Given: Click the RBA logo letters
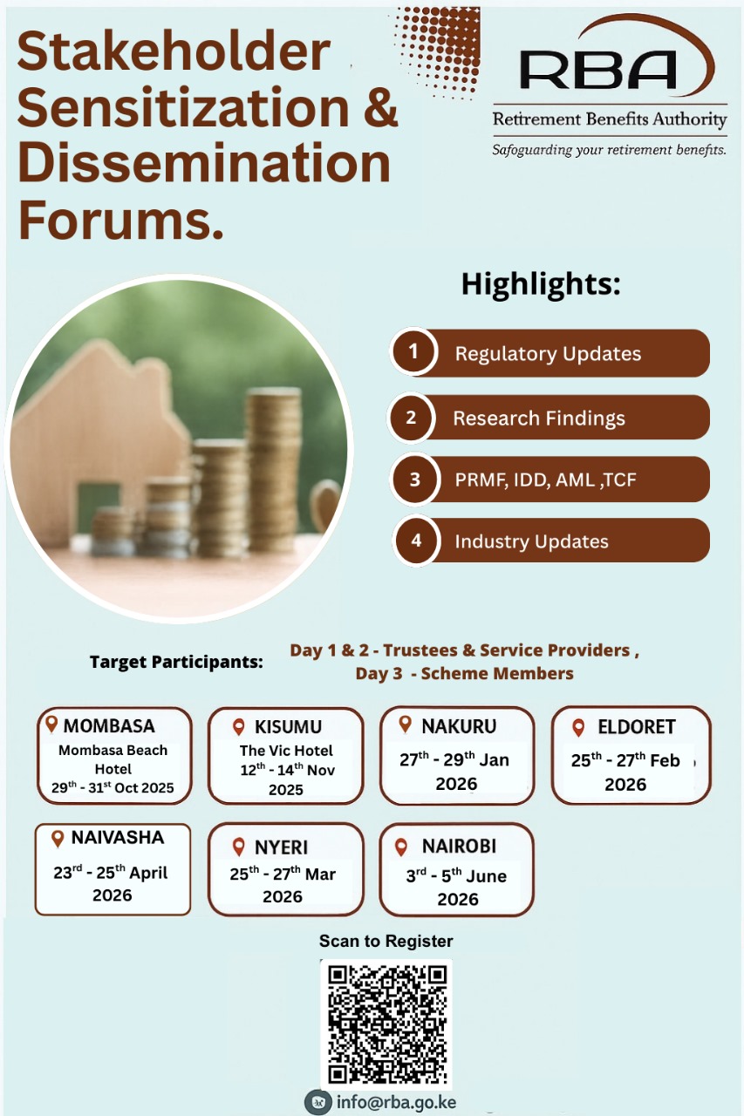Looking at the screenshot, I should tap(598, 70).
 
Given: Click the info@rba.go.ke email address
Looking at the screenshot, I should tap(396, 1102).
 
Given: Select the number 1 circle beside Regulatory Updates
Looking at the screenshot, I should tap(413, 352).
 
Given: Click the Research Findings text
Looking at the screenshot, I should tap(538, 418).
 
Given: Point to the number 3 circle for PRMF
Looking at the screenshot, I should tap(414, 479).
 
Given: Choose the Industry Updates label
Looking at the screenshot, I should tap(531, 541).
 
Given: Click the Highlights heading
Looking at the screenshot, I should tap(540, 284).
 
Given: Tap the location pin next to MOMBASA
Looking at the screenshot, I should tap(51, 724).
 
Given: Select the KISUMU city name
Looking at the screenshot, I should tap(288, 727).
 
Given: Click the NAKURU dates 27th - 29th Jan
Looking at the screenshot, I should tap(454, 759).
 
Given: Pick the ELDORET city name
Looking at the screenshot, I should tap(636, 727).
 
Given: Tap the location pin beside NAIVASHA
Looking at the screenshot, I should tap(58, 839).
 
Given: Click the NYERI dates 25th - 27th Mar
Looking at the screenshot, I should tap(283, 874).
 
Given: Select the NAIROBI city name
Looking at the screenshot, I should tap(459, 847).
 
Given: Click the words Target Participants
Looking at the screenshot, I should tap(176, 663).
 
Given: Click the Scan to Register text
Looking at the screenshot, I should tap(386, 942).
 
